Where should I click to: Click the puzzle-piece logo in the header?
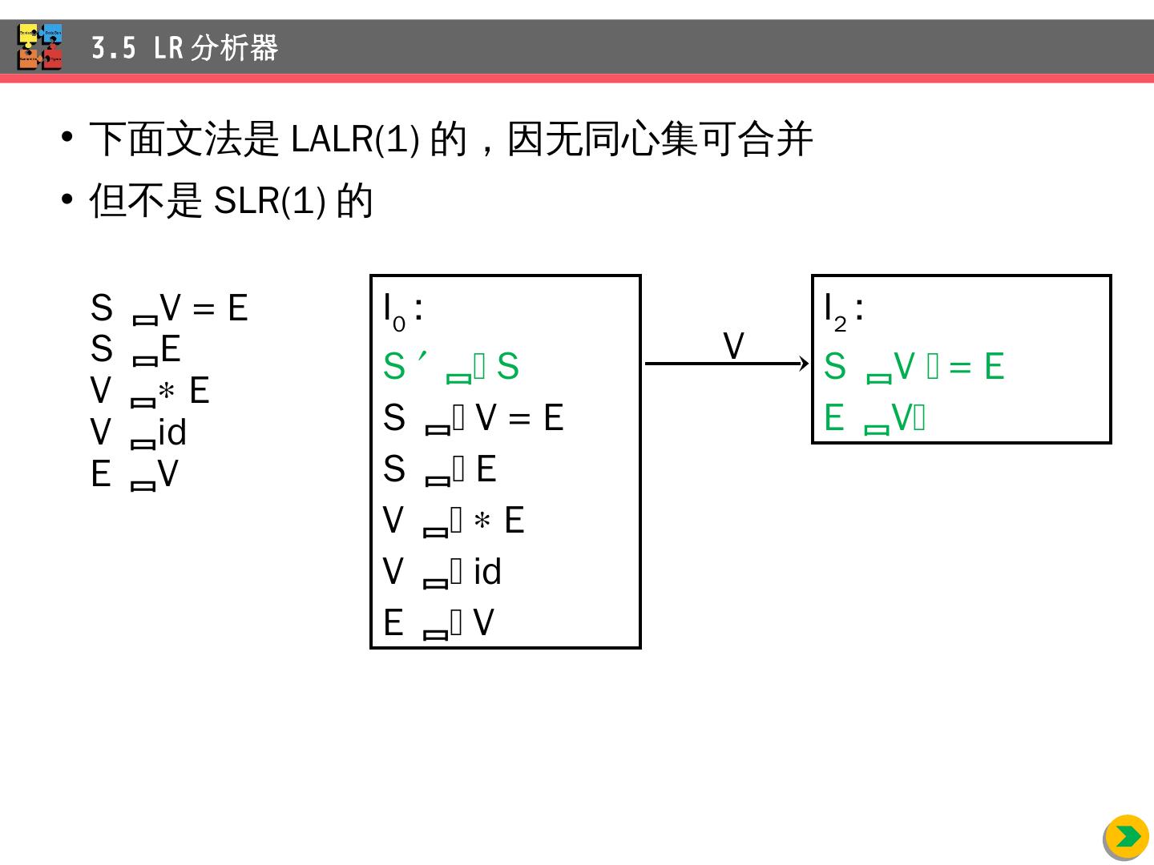click(40, 46)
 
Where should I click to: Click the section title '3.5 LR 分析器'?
click(184, 48)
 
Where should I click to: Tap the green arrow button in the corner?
click(1126, 837)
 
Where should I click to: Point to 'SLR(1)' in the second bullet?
click(269, 200)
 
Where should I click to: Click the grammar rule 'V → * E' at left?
click(150, 391)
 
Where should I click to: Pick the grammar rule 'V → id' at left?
click(139, 432)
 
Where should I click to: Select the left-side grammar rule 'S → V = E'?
click(169, 308)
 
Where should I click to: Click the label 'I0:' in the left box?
click(402, 308)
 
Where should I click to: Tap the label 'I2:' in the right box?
click(843, 308)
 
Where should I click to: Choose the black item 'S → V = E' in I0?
click(473, 418)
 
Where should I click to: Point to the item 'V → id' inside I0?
click(442, 572)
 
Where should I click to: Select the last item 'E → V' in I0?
click(438, 623)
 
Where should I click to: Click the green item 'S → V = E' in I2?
click(914, 367)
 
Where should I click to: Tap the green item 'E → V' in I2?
click(874, 418)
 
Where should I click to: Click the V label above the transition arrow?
click(733, 346)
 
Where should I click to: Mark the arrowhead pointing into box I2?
click(805, 364)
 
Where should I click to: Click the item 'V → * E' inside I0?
click(453, 521)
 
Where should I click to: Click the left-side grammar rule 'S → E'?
click(135, 349)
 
